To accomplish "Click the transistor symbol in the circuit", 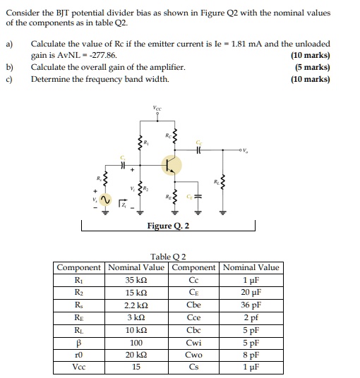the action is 170,165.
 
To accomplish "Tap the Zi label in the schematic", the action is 124,205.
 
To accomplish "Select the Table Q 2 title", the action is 168,257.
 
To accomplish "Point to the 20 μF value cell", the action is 251,291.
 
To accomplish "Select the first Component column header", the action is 80,267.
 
